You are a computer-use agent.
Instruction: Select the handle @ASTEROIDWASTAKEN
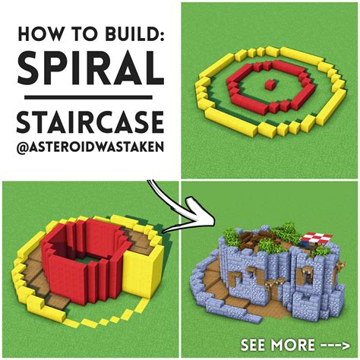89,149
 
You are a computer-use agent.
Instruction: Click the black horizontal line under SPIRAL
89,96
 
